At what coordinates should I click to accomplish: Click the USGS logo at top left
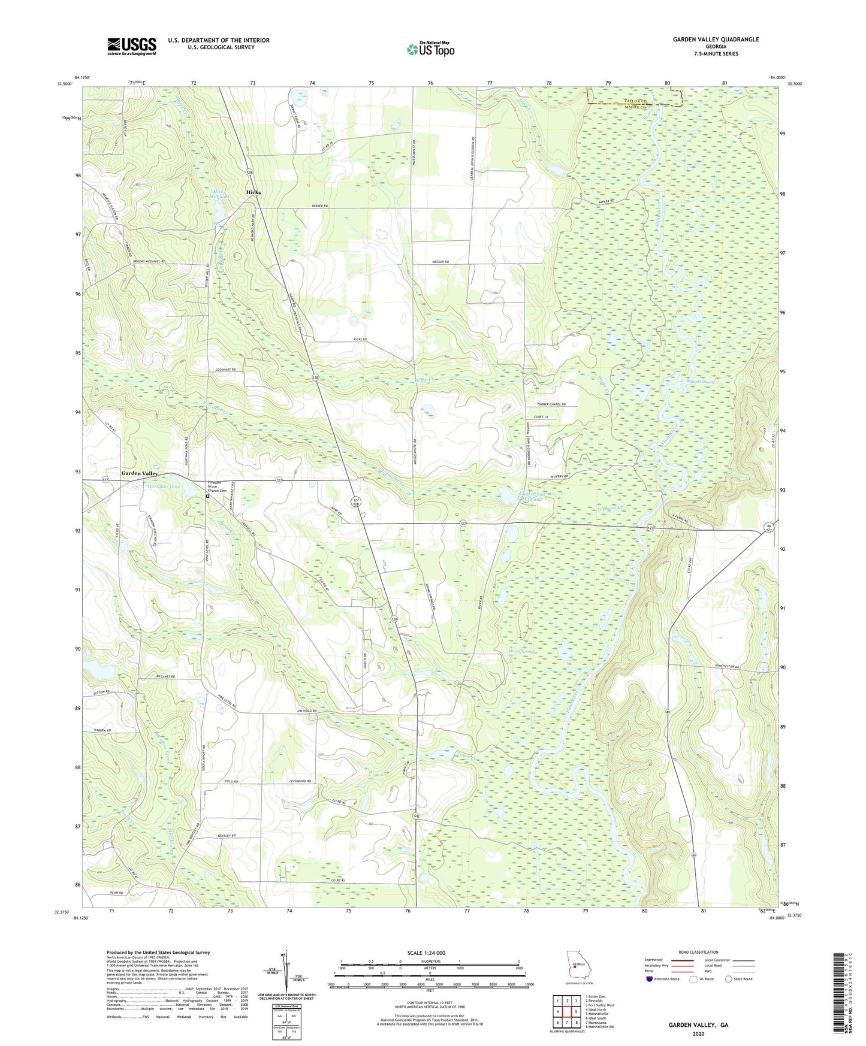132,46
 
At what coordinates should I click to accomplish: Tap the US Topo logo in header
430,49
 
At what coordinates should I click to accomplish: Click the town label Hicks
254,192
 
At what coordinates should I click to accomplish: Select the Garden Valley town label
140,473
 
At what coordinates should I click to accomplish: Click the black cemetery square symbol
208,497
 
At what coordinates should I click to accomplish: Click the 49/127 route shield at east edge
768,527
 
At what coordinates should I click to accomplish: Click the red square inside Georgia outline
575,982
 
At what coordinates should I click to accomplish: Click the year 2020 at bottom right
698,1033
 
